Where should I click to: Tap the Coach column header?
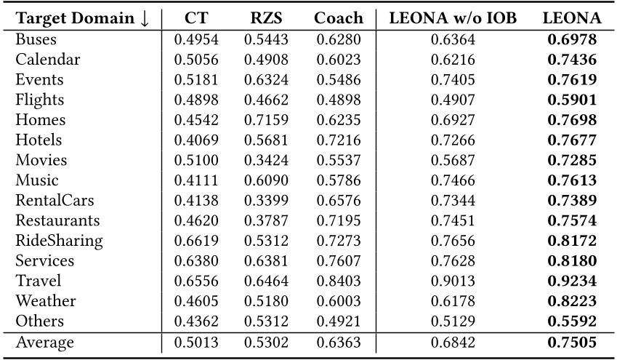pos(339,18)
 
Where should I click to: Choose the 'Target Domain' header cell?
pos(82,18)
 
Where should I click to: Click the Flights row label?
pos(39,100)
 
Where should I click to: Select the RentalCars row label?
pos(55,200)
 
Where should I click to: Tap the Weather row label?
pos(46,300)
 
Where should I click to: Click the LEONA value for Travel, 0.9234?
pos(571,281)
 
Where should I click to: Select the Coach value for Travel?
pos(339,281)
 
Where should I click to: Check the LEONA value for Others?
pos(571,321)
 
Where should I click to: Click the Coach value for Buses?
pos(339,39)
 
